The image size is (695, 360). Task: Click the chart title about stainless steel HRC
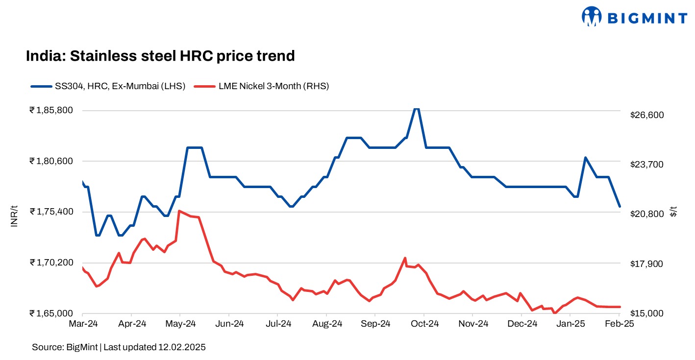160,56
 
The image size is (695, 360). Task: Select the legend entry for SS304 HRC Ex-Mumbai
108,87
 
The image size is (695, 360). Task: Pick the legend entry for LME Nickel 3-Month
262,87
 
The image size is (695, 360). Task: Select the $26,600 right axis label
646,115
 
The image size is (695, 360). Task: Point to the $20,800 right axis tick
646,214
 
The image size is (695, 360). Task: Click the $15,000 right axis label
646,313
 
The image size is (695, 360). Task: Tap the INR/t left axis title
14,216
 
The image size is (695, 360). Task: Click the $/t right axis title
674,212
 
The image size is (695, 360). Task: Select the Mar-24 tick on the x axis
82,324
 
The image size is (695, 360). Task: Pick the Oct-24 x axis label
424,324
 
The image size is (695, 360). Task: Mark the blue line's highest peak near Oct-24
416,109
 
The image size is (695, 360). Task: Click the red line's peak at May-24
179,211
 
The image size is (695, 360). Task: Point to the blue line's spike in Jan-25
585,158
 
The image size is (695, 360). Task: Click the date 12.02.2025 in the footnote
181,347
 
